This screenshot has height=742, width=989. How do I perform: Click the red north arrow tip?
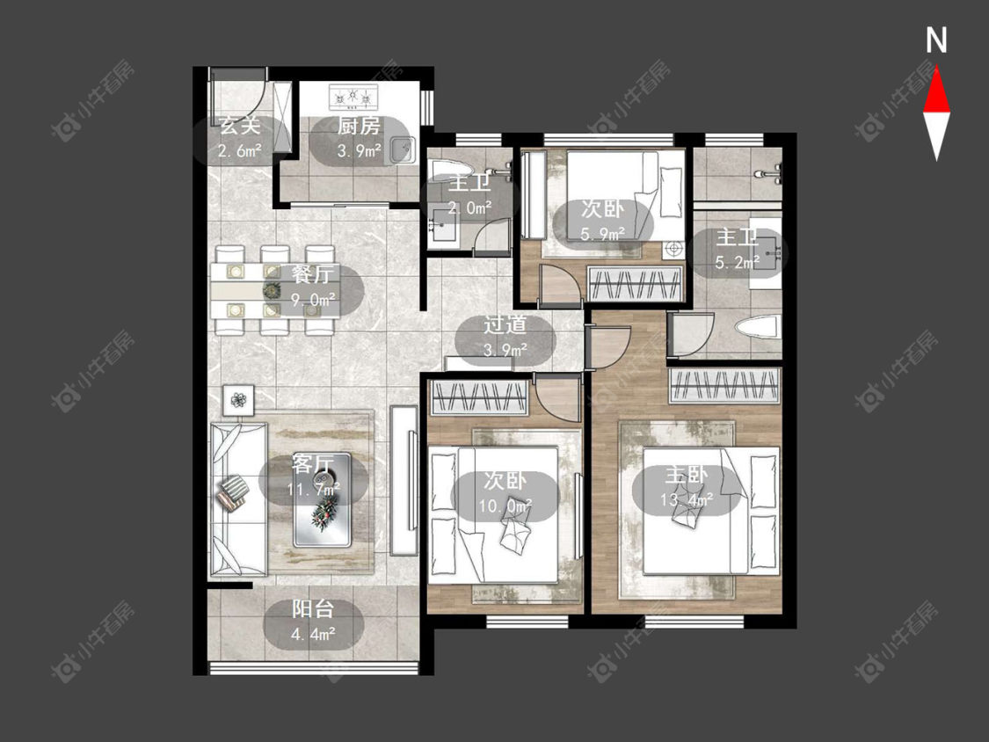coord(936,68)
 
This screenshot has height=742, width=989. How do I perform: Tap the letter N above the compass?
coord(936,40)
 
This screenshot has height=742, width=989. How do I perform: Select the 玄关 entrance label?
coord(240,126)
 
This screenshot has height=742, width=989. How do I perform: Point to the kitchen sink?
coord(401,149)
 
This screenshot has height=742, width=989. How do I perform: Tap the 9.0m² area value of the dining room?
coord(313,299)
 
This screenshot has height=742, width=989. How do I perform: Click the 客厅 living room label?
coord(312,464)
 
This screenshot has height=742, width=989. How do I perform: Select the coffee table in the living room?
coord(323,500)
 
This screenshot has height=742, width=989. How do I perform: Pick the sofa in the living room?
coord(238,498)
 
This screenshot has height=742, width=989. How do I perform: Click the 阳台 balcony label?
coord(313,609)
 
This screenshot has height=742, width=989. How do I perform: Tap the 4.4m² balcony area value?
coord(313,634)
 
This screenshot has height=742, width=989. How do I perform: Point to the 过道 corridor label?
coord(505,324)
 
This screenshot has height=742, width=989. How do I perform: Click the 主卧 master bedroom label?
coord(687,475)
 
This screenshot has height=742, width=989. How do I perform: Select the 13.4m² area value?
coord(687,499)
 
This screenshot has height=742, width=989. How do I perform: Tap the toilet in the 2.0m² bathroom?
coord(451,170)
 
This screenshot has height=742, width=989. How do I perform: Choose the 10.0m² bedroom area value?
coord(505,506)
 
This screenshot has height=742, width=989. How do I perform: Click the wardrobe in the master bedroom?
coord(724,385)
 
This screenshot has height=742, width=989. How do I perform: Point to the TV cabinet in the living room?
coord(404,480)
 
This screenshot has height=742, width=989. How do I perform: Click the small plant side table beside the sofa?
coord(238,400)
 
